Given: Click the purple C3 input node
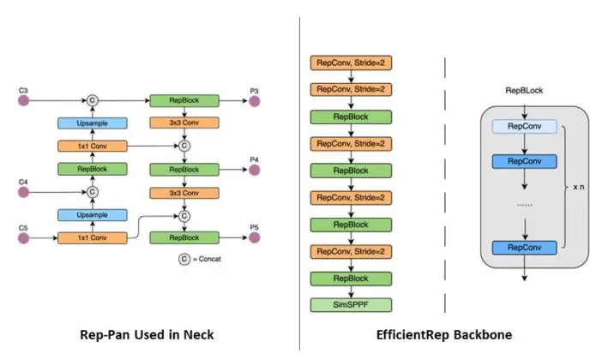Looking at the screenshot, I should (24, 100).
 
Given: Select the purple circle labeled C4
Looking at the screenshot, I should (24, 192).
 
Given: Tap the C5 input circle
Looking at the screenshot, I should (24, 237).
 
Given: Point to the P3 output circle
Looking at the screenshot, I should (254, 100).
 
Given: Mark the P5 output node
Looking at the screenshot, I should (254, 237).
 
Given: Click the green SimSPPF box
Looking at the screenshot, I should (350, 303).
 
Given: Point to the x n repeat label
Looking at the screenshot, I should (578, 185).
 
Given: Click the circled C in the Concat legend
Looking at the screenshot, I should (184, 259).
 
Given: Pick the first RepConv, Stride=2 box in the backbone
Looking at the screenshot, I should (350, 63).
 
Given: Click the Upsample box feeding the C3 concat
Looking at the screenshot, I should (91, 123).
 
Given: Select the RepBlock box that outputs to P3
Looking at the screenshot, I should (183, 100).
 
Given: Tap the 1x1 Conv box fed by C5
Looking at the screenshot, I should (91, 237).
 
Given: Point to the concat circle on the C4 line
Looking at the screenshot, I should (91, 192).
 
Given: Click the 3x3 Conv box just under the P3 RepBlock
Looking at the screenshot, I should (183, 123).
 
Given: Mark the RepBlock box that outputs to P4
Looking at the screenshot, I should (183, 170).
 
